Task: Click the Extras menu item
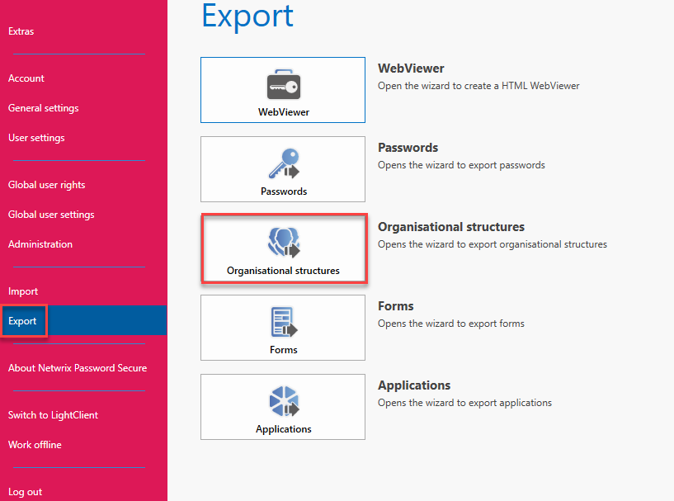tap(21, 31)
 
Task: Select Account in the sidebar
tap(26, 78)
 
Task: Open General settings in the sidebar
tap(44, 108)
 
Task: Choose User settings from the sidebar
tap(36, 138)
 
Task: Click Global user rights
tap(46, 185)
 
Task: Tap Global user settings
tap(51, 215)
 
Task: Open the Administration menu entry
tap(40, 244)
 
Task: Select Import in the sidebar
tap(23, 291)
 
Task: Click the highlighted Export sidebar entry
tap(22, 321)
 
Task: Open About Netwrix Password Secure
tap(78, 368)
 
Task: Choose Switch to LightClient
tap(54, 415)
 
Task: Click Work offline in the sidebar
tap(35, 445)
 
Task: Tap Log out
tap(26, 492)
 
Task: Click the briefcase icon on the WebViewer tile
tap(283, 84)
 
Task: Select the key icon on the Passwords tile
tap(284, 163)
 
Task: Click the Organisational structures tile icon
tap(284, 243)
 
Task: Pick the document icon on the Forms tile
tap(284, 322)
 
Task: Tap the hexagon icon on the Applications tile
tap(284, 401)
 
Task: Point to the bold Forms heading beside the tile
tap(395, 306)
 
